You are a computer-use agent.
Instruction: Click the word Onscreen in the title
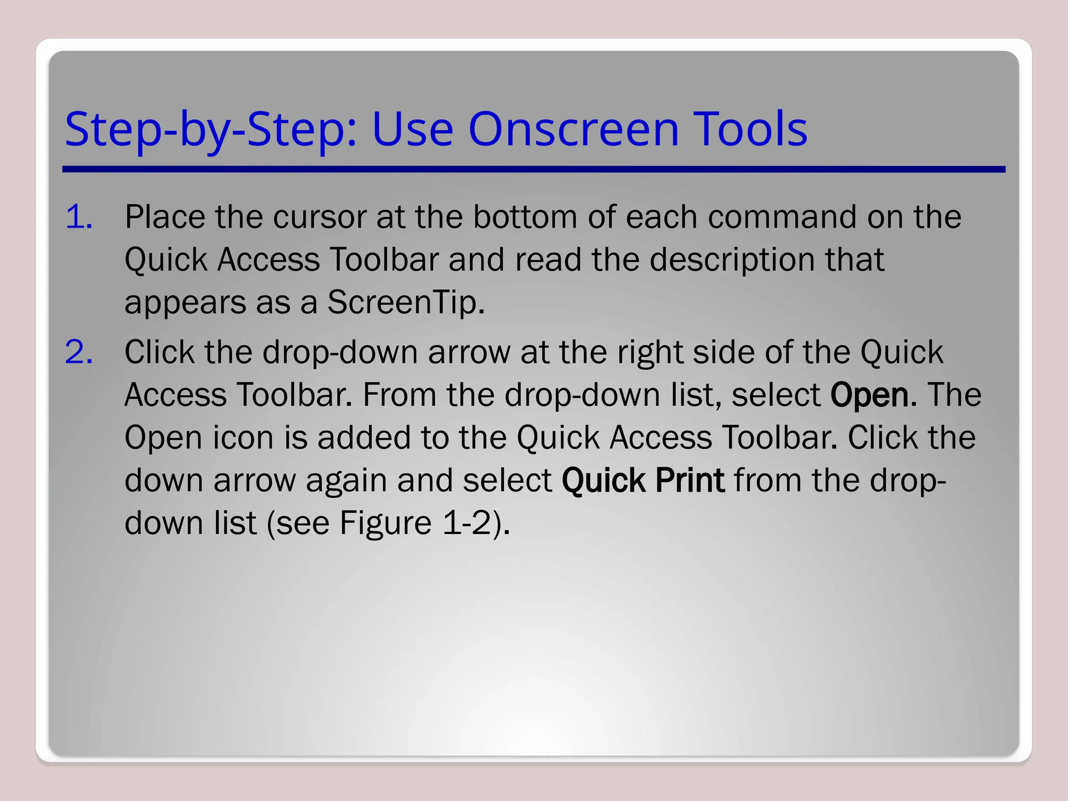pyautogui.click(x=574, y=129)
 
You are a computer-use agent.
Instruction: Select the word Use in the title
pyautogui.click(x=412, y=129)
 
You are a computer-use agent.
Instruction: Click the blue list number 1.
pyautogui.click(x=79, y=216)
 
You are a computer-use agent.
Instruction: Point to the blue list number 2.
pyautogui.click(x=79, y=352)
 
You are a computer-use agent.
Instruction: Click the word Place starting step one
pyautogui.click(x=165, y=216)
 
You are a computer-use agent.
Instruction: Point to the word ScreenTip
pyautogui.click(x=405, y=302)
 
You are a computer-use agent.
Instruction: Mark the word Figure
pyautogui.click(x=385, y=523)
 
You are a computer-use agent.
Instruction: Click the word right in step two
pyautogui.click(x=649, y=353)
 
